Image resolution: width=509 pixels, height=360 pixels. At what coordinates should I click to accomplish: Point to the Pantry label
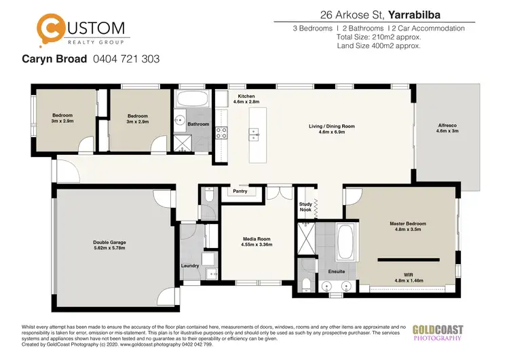(x=240, y=192)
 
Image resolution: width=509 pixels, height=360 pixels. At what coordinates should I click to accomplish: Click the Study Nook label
(x=305, y=207)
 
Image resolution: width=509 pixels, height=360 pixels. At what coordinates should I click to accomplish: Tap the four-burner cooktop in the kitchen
(x=221, y=132)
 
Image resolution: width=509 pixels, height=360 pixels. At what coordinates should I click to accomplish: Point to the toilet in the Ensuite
(x=307, y=283)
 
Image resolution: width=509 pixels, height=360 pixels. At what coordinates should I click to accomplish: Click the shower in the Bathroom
(x=182, y=142)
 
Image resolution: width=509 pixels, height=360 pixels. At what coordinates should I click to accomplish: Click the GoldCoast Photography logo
(x=438, y=334)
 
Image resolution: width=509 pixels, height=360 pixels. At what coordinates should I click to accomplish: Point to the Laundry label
(x=190, y=266)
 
